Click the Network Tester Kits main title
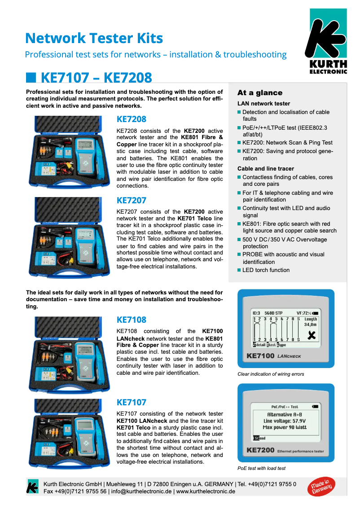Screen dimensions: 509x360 [x=94, y=38]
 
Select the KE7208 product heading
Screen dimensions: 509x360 [x=131, y=119]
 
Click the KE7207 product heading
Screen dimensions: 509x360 [x=131, y=200]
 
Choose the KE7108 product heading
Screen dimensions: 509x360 [x=131, y=320]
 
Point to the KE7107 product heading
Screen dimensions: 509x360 [x=131, y=402]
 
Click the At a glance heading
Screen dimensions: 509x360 [x=259, y=93]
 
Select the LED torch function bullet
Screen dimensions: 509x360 [x=266, y=270]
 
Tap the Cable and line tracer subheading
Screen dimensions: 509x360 [x=266, y=169]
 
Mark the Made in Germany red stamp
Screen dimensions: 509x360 [x=321, y=487]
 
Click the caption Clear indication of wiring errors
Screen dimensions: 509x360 [x=271, y=374]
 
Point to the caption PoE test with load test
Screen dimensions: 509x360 [x=261, y=469]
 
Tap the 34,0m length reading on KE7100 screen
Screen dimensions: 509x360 [x=310, y=324]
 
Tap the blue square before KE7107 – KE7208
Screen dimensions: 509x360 [x=31, y=77]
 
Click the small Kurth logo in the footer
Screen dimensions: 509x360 [x=32, y=487]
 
